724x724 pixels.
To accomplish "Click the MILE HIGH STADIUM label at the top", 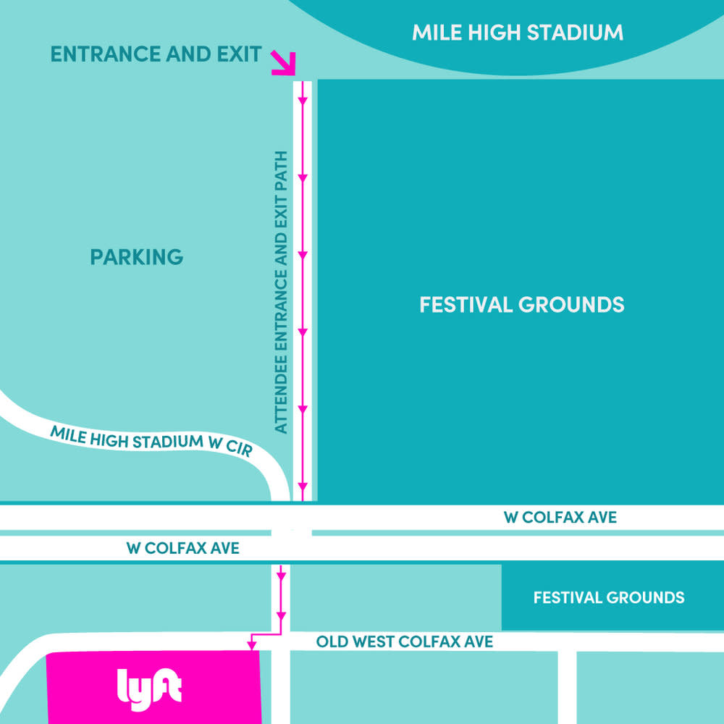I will pyautogui.click(x=518, y=33).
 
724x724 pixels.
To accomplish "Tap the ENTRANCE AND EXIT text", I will pyautogui.click(x=156, y=54).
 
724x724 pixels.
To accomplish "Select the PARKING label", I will pyautogui.click(x=137, y=257).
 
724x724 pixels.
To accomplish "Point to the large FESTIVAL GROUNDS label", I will pyautogui.click(x=521, y=304).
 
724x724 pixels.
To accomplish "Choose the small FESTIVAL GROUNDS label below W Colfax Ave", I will pyautogui.click(x=608, y=598).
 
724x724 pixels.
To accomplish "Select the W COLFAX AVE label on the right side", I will pyautogui.click(x=560, y=517).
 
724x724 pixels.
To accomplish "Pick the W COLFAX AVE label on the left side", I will pyautogui.click(x=182, y=548).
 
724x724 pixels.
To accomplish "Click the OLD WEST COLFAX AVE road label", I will pyautogui.click(x=405, y=641).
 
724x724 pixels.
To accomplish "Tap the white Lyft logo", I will pyautogui.click(x=149, y=689).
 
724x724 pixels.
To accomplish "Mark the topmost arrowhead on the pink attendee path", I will pyautogui.click(x=303, y=101).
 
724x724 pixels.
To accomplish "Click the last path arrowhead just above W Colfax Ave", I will pyautogui.click(x=303, y=486).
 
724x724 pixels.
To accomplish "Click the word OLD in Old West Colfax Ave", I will pyautogui.click(x=329, y=641).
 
